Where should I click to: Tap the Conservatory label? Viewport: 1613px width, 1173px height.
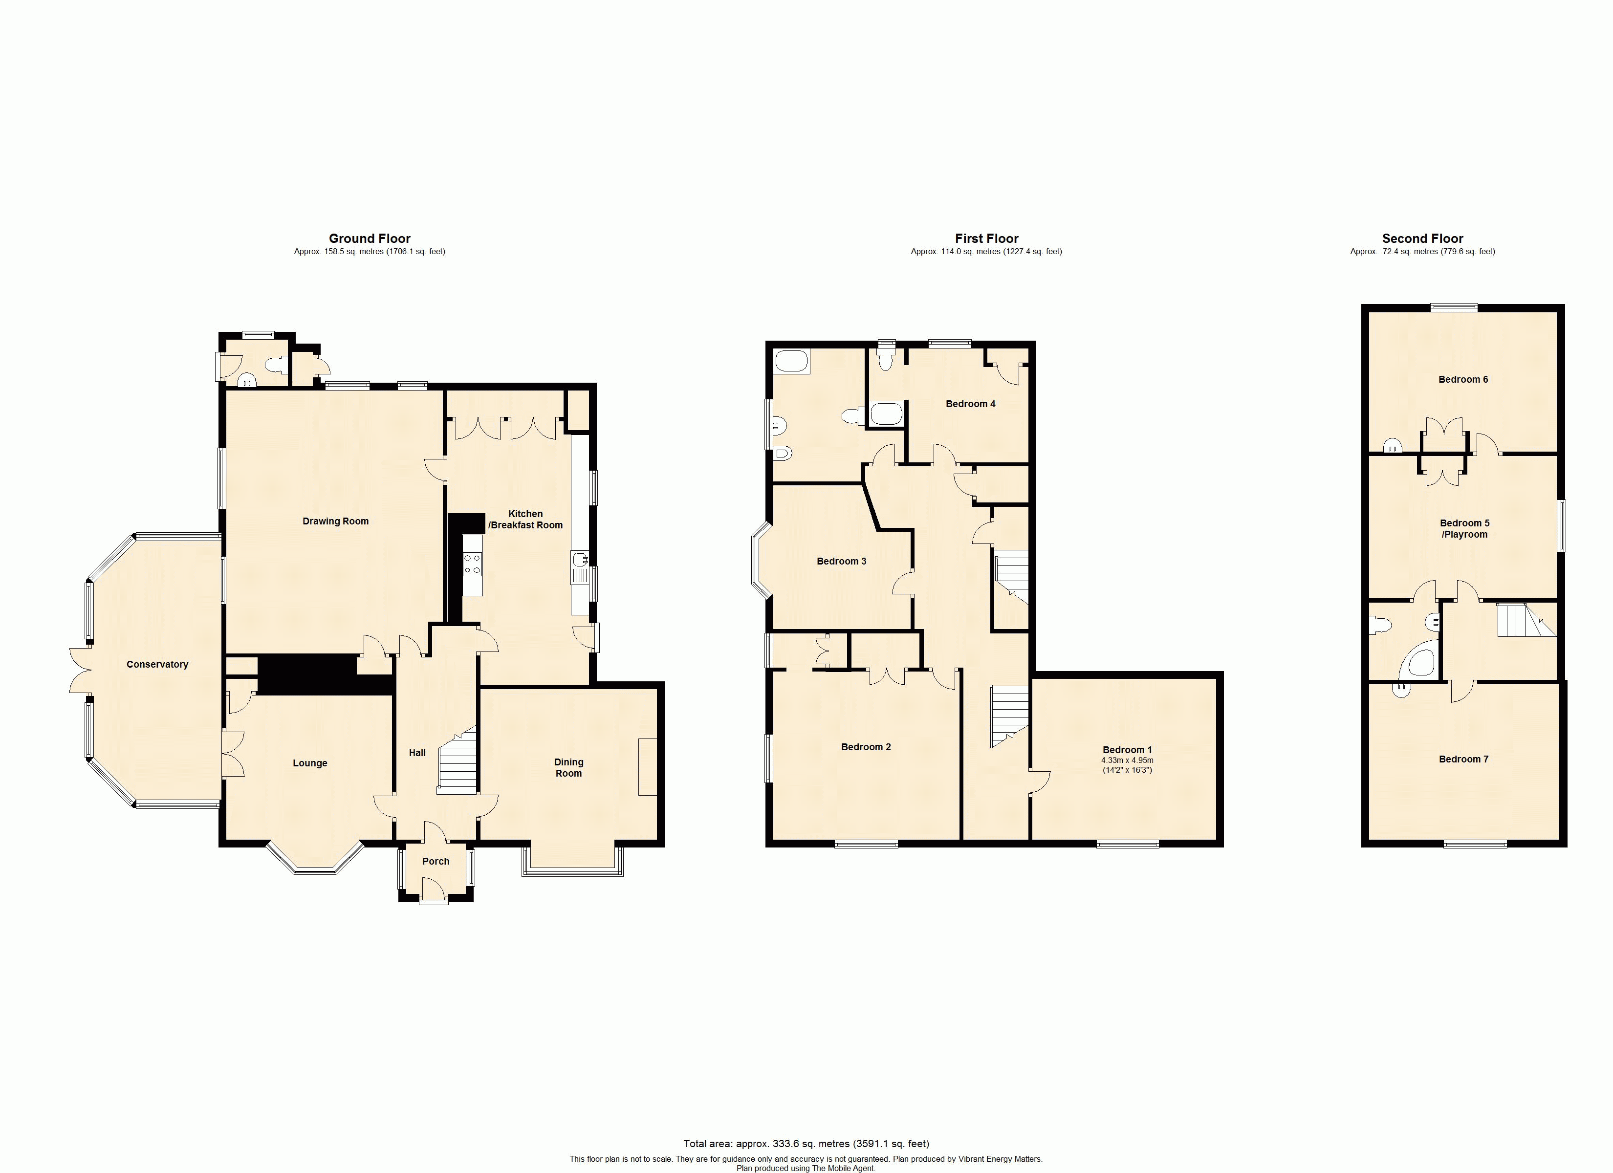point(157,664)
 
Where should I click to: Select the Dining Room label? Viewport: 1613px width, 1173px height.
point(568,767)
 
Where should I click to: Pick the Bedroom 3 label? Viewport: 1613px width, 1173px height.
point(841,561)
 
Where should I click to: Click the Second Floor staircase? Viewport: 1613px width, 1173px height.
point(1522,620)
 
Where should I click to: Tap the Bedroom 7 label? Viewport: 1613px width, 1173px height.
point(1463,759)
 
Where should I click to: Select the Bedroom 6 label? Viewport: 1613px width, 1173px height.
point(1463,379)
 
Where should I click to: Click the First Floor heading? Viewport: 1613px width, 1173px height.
point(986,239)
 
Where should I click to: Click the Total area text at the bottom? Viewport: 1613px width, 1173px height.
point(806,1144)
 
